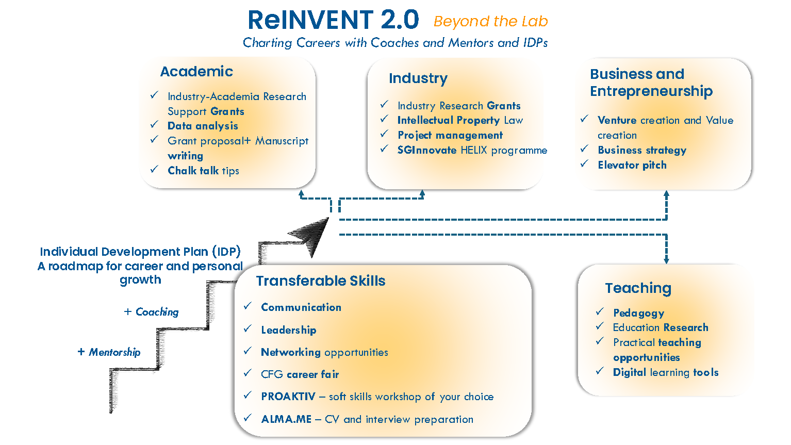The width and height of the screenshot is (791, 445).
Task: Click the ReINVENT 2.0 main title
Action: [333, 20]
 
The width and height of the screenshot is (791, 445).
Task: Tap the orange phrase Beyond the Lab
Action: [490, 21]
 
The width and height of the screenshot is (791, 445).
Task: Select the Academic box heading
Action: [196, 71]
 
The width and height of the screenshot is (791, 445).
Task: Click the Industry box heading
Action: [418, 78]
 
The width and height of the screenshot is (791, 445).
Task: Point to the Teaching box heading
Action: [638, 288]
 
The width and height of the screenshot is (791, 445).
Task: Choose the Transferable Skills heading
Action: [321, 281]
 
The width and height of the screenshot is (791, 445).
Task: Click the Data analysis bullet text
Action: [203, 126]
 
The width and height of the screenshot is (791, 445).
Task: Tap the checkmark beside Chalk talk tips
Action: [154, 169]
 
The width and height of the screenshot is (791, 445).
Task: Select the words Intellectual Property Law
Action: [460, 120]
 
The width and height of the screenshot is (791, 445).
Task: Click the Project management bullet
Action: [450, 135]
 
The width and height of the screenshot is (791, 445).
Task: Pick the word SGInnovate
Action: [427, 150]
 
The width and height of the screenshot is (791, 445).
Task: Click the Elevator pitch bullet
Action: [632, 165]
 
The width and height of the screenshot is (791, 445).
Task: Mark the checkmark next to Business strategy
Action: [584, 149]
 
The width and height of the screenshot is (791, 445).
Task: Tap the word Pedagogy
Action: [638, 313]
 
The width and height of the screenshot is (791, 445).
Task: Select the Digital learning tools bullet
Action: [666, 372]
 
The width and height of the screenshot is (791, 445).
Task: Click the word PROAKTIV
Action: [288, 397]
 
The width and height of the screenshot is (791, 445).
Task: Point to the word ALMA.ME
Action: [287, 419]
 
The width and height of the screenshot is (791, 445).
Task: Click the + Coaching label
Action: [152, 312]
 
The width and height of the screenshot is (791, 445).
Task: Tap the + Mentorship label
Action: [109, 352]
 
